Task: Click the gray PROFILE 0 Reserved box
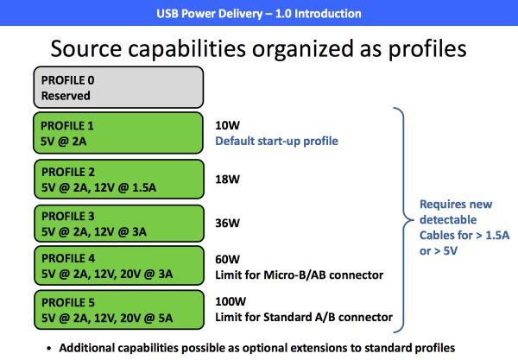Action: coord(118,87)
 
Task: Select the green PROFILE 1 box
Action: coord(118,133)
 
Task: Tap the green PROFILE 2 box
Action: coord(119,180)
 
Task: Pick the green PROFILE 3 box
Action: coord(119,224)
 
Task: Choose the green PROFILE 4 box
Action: coord(119,266)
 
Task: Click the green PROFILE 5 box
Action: coord(119,310)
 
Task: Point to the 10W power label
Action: coord(227,125)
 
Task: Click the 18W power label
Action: coord(227,180)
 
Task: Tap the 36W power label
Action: coord(227,224)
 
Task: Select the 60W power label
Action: coord(227,259)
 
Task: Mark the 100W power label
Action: coord(231,301)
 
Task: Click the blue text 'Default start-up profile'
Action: coord(276,141)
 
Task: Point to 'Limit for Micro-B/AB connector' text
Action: coord(300,275)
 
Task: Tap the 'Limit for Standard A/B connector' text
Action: coord(304,317)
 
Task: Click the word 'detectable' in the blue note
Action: coord(448,219)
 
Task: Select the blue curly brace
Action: coord(404,219)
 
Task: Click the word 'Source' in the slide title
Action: coord(86,48)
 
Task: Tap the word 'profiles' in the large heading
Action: coord(427,49)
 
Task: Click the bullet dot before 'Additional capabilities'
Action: coord(49,348)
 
